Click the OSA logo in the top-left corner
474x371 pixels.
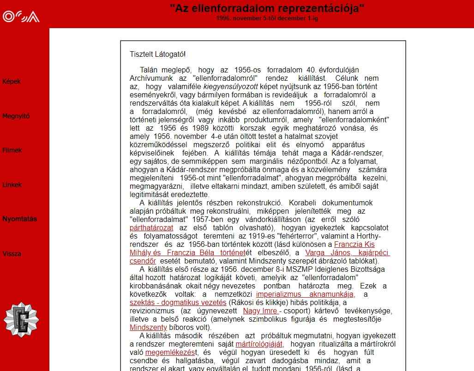click(21, 17)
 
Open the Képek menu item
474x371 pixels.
click(12, 82)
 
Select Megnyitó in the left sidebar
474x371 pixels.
click(16, 116)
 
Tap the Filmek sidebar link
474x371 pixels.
click(12, 150)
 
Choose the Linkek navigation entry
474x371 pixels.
click(12, 185)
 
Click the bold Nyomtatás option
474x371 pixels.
click(19, 219)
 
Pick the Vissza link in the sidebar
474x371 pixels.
click(12, 254)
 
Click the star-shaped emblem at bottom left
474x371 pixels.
click(21, 319)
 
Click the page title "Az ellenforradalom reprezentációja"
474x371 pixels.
click(267, 8)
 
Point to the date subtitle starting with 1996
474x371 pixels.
click(267, 19)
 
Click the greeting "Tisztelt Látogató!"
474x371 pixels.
click(157, 54)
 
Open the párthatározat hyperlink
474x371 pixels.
click(151, 228)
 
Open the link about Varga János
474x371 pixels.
click(348, 253)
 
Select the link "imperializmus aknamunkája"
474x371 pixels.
click(305, 294)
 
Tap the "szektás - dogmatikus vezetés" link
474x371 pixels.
click(178, 303)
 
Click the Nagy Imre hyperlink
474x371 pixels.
click(261, 311)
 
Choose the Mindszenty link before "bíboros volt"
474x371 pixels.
click(148, 328)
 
